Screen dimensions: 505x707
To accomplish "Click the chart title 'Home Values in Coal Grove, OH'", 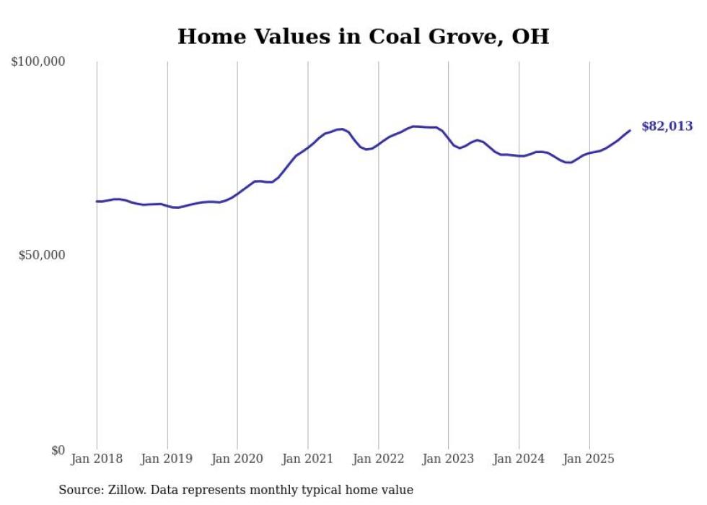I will point(363,36).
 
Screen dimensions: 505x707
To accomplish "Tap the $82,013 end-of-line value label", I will point(667,126).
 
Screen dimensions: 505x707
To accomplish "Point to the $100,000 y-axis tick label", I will point(38,62).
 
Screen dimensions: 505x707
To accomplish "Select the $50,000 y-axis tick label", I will point(42,256).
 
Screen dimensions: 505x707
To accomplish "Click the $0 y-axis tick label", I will point(58,450).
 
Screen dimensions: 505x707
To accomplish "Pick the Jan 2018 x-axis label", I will point(97,459).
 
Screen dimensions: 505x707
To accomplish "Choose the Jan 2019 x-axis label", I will point(167,459).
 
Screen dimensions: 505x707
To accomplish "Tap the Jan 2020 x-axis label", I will point(237,459).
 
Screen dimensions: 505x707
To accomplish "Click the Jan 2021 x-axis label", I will point(308,459).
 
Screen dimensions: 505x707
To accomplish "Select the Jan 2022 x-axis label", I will point(378,459).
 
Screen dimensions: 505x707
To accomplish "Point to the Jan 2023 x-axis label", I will point(449,459).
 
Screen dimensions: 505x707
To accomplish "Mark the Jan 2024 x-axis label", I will point(519,459).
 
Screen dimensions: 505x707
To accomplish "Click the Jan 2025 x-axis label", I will point(589,459).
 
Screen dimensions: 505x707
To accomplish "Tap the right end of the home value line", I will point(630,130).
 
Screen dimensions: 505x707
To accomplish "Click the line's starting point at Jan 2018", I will point(97,202).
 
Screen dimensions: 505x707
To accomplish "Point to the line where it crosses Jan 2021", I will point(308,147).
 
